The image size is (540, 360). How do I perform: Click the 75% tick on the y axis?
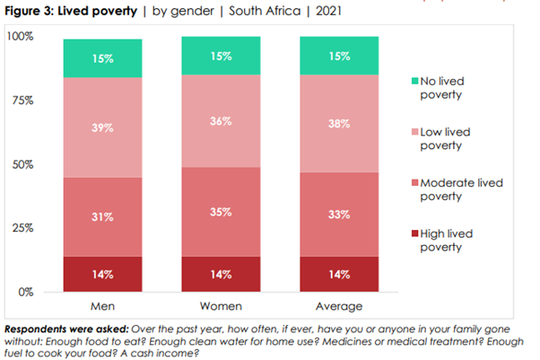[22, 101]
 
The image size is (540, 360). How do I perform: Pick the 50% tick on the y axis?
[22, 164]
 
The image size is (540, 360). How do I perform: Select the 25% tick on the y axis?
[22, 228]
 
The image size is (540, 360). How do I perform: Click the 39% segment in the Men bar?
[102, 127]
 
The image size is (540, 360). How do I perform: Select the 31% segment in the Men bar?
[102, 216]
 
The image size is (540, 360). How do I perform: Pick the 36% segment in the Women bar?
[222, 122]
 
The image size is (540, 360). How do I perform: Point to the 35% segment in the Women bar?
[222, 212]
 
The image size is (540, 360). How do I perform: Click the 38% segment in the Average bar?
[340, 125]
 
